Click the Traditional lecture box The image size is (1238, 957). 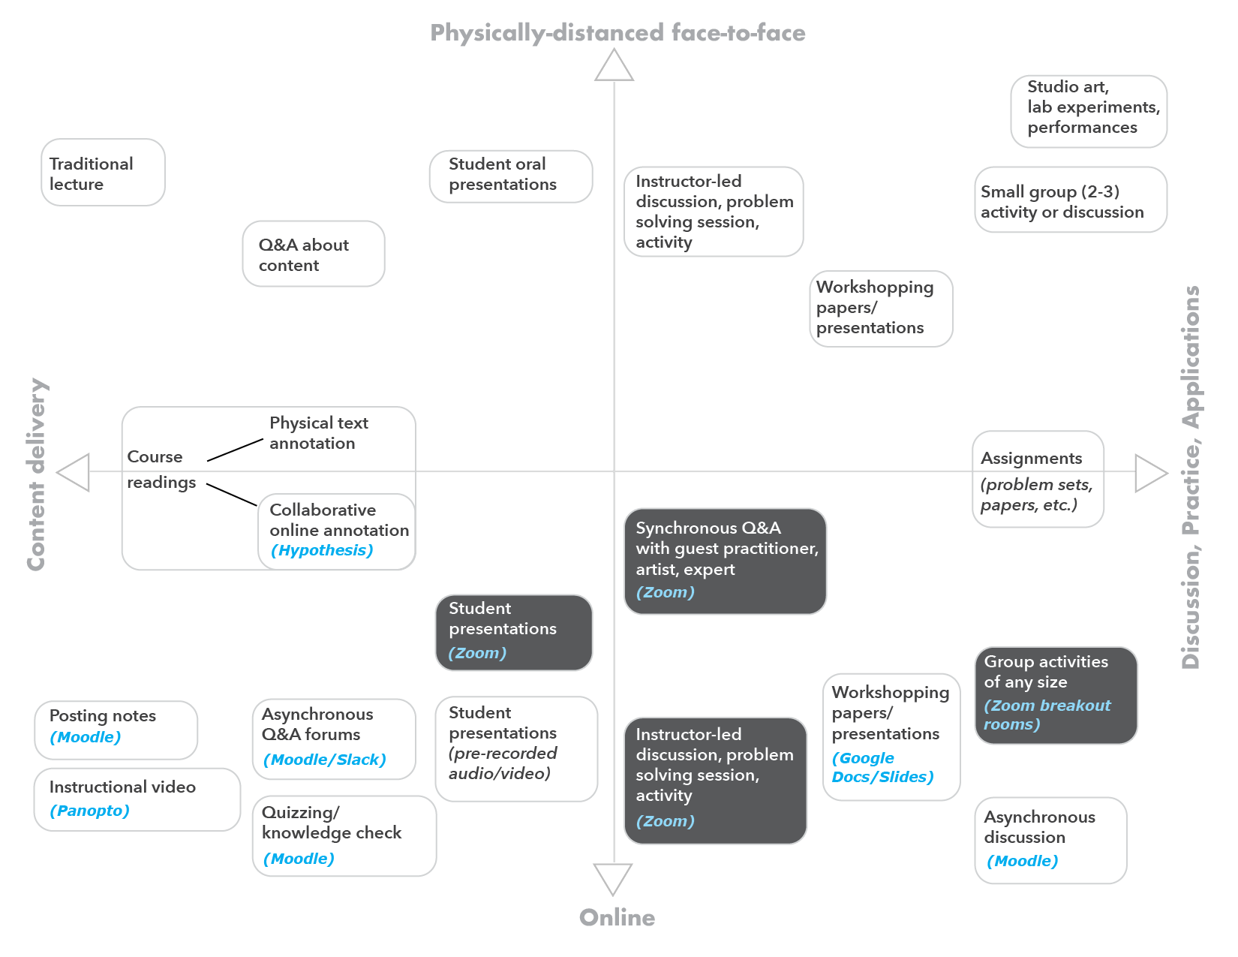tap(103, 173)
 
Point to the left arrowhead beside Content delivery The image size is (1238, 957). tap(75, 473)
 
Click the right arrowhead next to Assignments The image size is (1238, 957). tap(1149, 473)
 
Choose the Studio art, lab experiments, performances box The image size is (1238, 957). tap(1088, 111)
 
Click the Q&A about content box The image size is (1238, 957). tap(314, 254)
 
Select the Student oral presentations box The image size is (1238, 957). tap(511, 176)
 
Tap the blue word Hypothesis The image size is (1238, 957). tap(322, 550)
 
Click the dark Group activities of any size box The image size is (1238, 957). tap(1056, 695)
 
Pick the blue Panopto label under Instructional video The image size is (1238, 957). tap(90, 811)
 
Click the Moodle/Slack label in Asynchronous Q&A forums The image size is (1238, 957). tap(324, 760)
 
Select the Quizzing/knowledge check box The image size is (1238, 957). tap(344, 835)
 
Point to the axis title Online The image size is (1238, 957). tap(617, 917)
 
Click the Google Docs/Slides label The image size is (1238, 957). tap(882, 767)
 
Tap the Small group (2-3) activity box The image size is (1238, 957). tap(1071, 200)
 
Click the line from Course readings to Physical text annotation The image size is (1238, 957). tap(235, 450)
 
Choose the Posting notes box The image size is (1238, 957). tap(116, 730)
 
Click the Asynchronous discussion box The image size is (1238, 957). tap(1050, 840)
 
